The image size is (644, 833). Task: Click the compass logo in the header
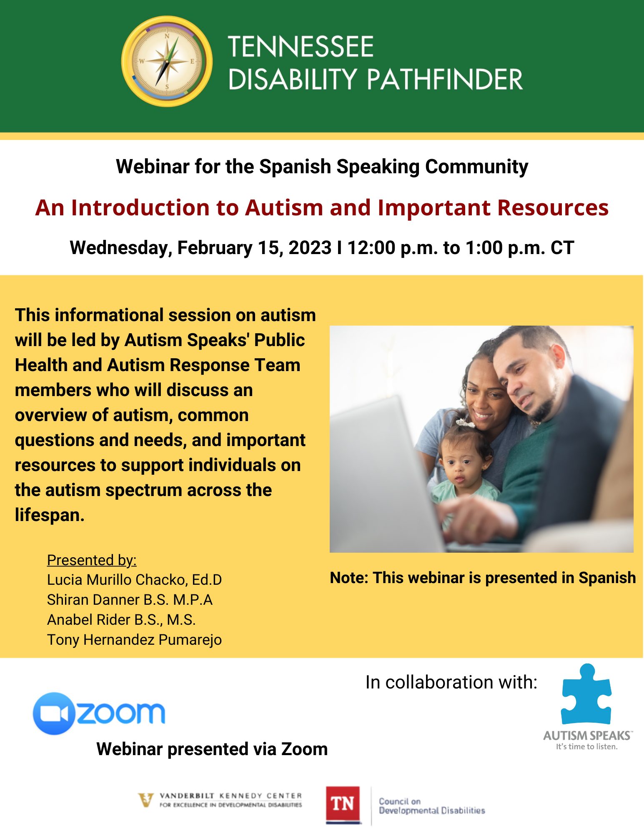coord(167,62)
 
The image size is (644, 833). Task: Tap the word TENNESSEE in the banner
coord(301,46)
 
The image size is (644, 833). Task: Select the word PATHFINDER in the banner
coord(444,79)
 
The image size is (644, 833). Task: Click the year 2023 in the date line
coord(310,247)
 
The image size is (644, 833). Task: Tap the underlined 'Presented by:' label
coord(92,560)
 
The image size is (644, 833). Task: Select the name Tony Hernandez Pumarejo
coord(134,640)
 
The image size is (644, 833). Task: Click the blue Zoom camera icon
coord(54,713)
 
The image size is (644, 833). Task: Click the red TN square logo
coord(343,804)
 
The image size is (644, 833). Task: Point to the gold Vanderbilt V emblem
coord(146,799)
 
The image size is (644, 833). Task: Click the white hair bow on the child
coord(465,423)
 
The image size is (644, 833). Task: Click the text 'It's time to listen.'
coord(586,747)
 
